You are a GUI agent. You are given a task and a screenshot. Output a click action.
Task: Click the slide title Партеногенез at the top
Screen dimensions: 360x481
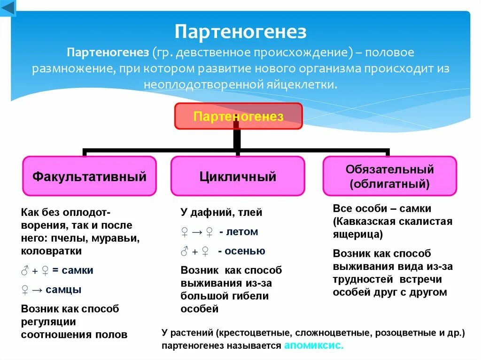(240, 32)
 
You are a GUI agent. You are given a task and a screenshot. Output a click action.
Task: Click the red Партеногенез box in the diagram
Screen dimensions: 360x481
(239, 116)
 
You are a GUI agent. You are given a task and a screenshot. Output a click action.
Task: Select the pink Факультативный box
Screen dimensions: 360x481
(89, 176)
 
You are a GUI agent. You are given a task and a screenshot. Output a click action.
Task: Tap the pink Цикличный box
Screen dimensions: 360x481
(238, 176)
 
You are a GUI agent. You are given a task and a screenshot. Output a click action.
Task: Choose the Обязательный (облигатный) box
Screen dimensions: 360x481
(389, 176)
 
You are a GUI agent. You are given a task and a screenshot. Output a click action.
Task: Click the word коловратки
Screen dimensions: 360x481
(52, 251)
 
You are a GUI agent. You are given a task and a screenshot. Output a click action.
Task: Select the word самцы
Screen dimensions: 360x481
(64, 289)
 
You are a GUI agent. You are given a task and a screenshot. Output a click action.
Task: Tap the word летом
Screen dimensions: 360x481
(242, 231)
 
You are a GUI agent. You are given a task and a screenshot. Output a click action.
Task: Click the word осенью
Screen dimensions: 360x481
(245, 251)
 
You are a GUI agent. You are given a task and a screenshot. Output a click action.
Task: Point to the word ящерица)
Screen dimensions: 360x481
(357, 234)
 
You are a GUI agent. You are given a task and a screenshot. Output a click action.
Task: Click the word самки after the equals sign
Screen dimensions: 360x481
(77, 270)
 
